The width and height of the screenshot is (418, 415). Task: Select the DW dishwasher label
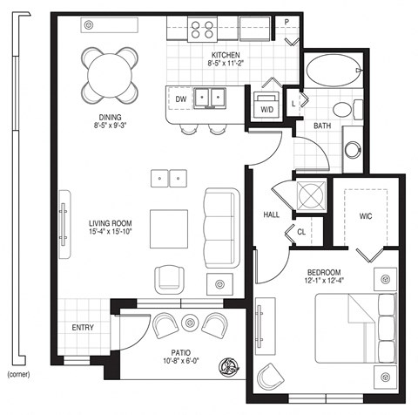click(x=181, y=99)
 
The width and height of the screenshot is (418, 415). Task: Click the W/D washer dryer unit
click(x=266, y=106)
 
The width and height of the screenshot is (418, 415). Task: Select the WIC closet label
click(x=365, y=217)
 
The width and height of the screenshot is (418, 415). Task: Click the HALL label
click(x=271, y=214)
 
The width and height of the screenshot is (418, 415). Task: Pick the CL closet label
click(x=300, y=232)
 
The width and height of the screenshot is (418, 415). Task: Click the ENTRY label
click(x=83, y=328)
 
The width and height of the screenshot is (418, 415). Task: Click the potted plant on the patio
click(x=232, y=364)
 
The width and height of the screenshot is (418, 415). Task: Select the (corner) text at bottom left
click(x=19, y=374)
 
